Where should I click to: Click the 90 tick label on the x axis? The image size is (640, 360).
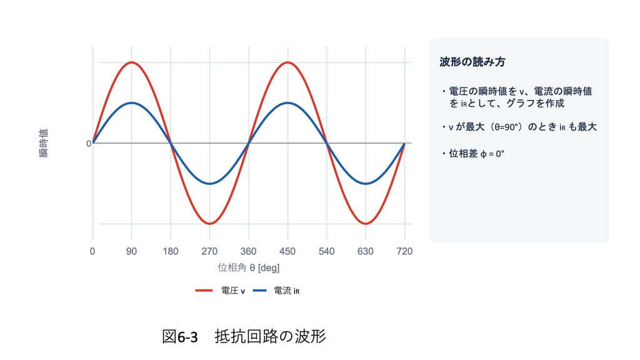click(x=131, y=251)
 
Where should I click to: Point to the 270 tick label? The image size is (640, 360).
click(x=209, y=251)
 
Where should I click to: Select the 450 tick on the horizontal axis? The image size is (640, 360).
click(x=287, y=251)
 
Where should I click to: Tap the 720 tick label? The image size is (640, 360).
click(x=404, y=251)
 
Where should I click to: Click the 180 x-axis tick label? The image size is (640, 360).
click(x=171, y=251)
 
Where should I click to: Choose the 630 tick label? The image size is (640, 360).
click(x=365, y=251)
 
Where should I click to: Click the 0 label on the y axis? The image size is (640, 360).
click(x=89, y=144)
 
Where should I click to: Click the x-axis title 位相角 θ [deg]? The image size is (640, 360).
click(x=249, y=267)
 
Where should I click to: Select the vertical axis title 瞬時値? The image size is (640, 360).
click(x=44, y=143)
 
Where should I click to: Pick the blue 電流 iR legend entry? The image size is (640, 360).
click(x=276, y=291)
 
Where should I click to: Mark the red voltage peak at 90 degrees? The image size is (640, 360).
click(x=131, y=62)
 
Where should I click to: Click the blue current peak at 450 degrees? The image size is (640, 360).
click(x=287, y=103)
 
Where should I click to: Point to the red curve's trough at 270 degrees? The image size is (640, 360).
click(x=209, y=224)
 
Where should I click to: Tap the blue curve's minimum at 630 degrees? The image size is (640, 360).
click(x=365, y=184)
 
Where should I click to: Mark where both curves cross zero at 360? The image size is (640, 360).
click(x=249, y=143)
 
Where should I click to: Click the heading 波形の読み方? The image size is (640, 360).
click(x=472, y=62)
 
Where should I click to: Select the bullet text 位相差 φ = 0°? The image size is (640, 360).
click(x=477, y=154)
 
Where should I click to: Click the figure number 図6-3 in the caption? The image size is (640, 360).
click(x=180, y=337)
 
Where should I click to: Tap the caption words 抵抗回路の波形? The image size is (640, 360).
click(x=270, y=336)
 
